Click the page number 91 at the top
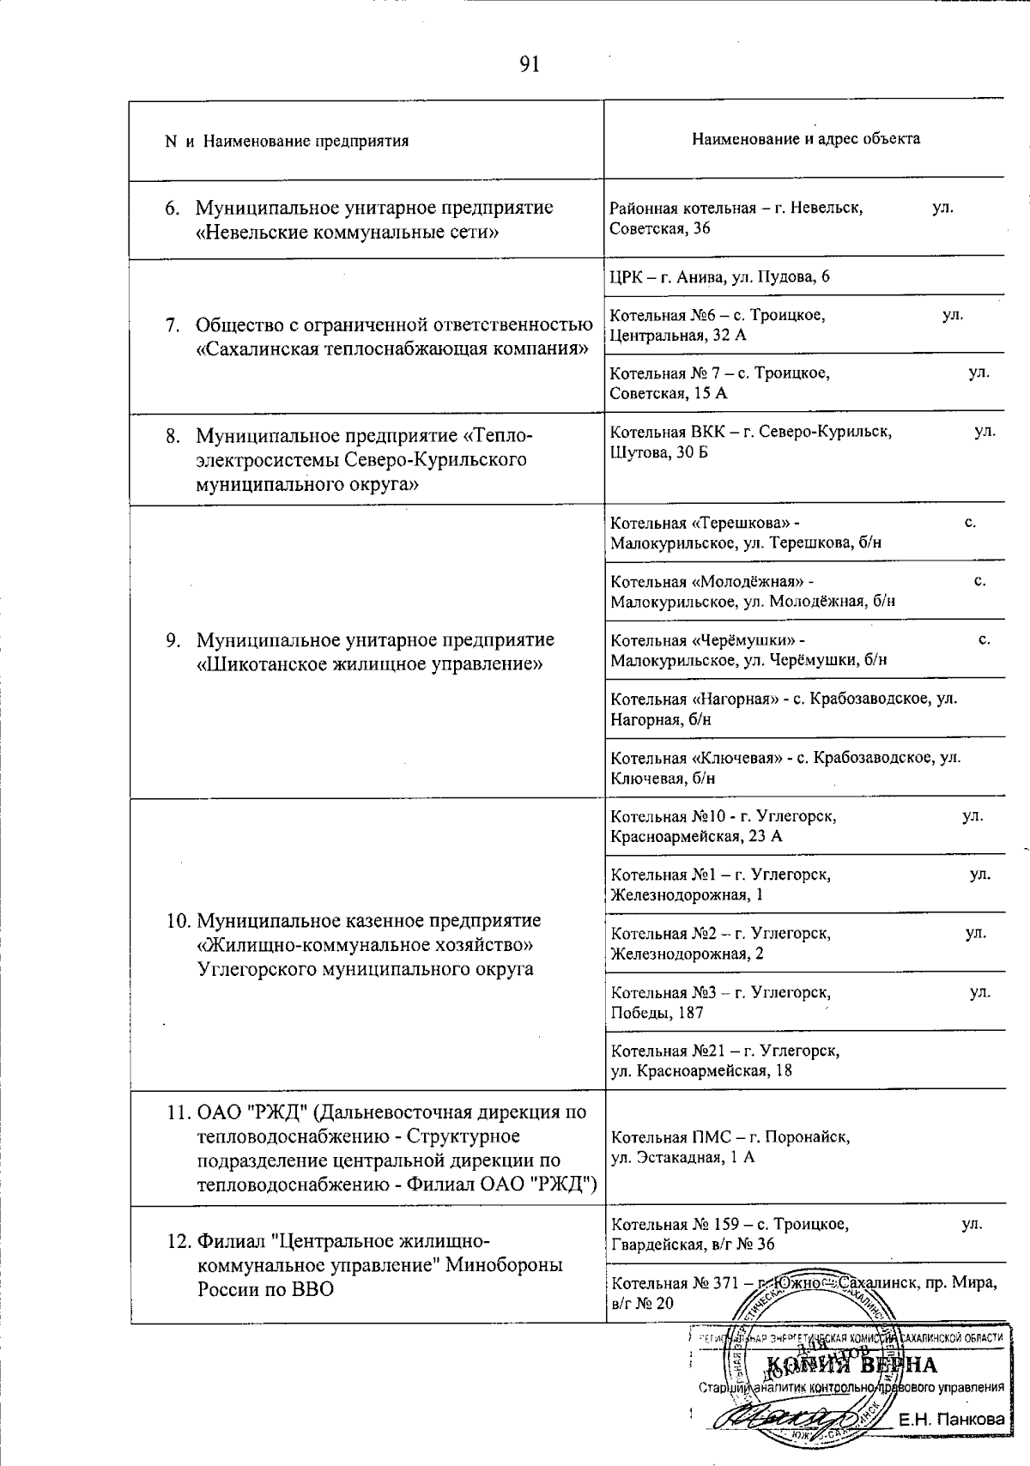click(530, 64)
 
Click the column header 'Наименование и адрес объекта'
click(805, 139)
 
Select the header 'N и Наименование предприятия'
click(287, 141)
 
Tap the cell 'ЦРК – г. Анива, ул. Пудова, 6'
click(719, 276)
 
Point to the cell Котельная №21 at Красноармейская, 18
click(724, 1060)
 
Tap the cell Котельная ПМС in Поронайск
click(730, 1147)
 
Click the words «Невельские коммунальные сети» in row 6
click(347, 232)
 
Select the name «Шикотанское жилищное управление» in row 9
click(370, 663)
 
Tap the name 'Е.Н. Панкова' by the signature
click(951, 1420)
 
